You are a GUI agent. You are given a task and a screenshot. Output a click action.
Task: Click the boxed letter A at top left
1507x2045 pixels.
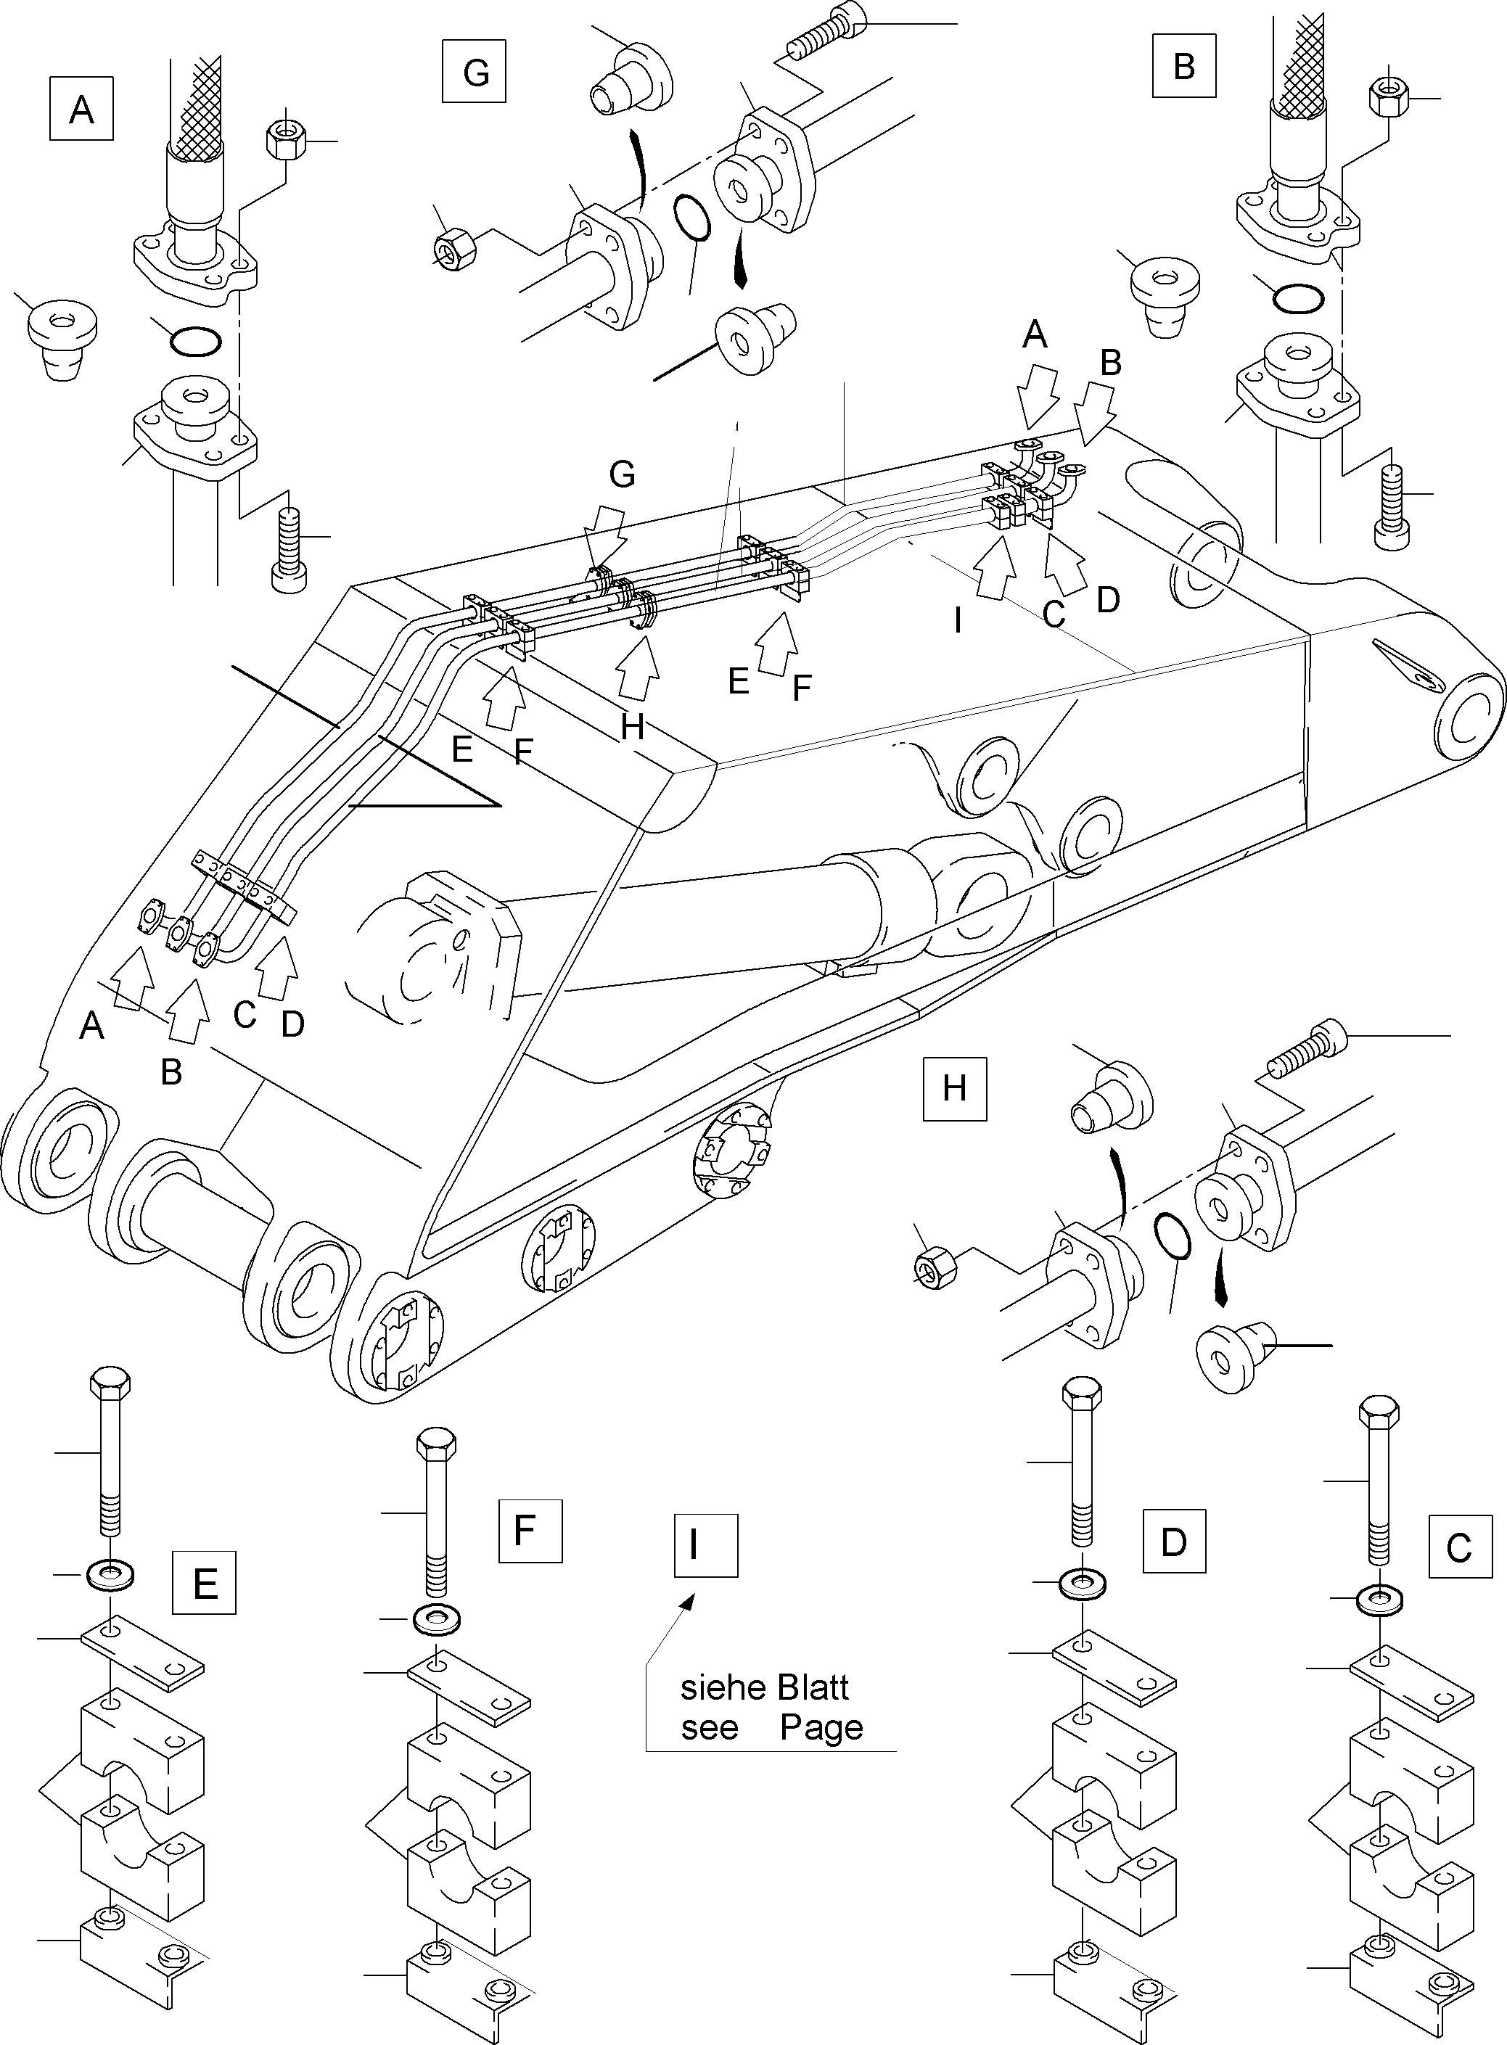[81, 109]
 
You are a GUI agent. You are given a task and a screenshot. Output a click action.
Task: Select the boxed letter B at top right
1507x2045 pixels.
[1183, 66]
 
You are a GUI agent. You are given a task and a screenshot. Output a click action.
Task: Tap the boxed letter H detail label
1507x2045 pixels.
[954, 1088]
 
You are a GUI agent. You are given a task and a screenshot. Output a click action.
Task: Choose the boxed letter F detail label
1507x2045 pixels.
[530, 1531]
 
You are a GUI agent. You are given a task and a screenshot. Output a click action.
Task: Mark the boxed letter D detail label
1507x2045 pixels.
[1174, 1541]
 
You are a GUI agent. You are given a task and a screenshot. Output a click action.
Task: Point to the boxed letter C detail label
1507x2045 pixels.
[1460, 1547]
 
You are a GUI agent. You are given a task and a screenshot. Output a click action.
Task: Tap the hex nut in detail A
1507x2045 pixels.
[287, 139]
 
